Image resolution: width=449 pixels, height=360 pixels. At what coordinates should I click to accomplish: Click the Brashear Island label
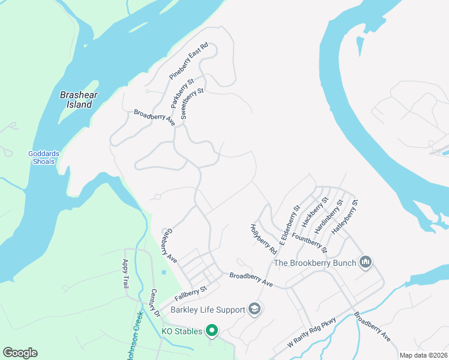pos(79,100)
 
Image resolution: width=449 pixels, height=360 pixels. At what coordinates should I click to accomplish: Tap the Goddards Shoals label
pos(44,157)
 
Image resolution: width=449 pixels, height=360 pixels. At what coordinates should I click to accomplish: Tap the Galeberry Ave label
pos(170,245)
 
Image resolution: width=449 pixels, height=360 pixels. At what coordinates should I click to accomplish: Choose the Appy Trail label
pos(126,278)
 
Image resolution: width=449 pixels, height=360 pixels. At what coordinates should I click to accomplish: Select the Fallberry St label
pos(190,293)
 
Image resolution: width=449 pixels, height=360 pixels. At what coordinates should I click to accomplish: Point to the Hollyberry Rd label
pos(264,238)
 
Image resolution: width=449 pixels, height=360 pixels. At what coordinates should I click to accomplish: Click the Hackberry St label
pos(315,212)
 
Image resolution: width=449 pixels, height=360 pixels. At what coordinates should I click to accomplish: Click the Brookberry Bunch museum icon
pos(365,262)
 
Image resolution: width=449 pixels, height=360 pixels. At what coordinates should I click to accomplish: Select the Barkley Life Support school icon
pos(255,309)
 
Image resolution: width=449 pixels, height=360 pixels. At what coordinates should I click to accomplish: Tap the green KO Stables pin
pos(211,330)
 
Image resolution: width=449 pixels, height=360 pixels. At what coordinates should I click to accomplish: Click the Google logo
pos(20,353)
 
